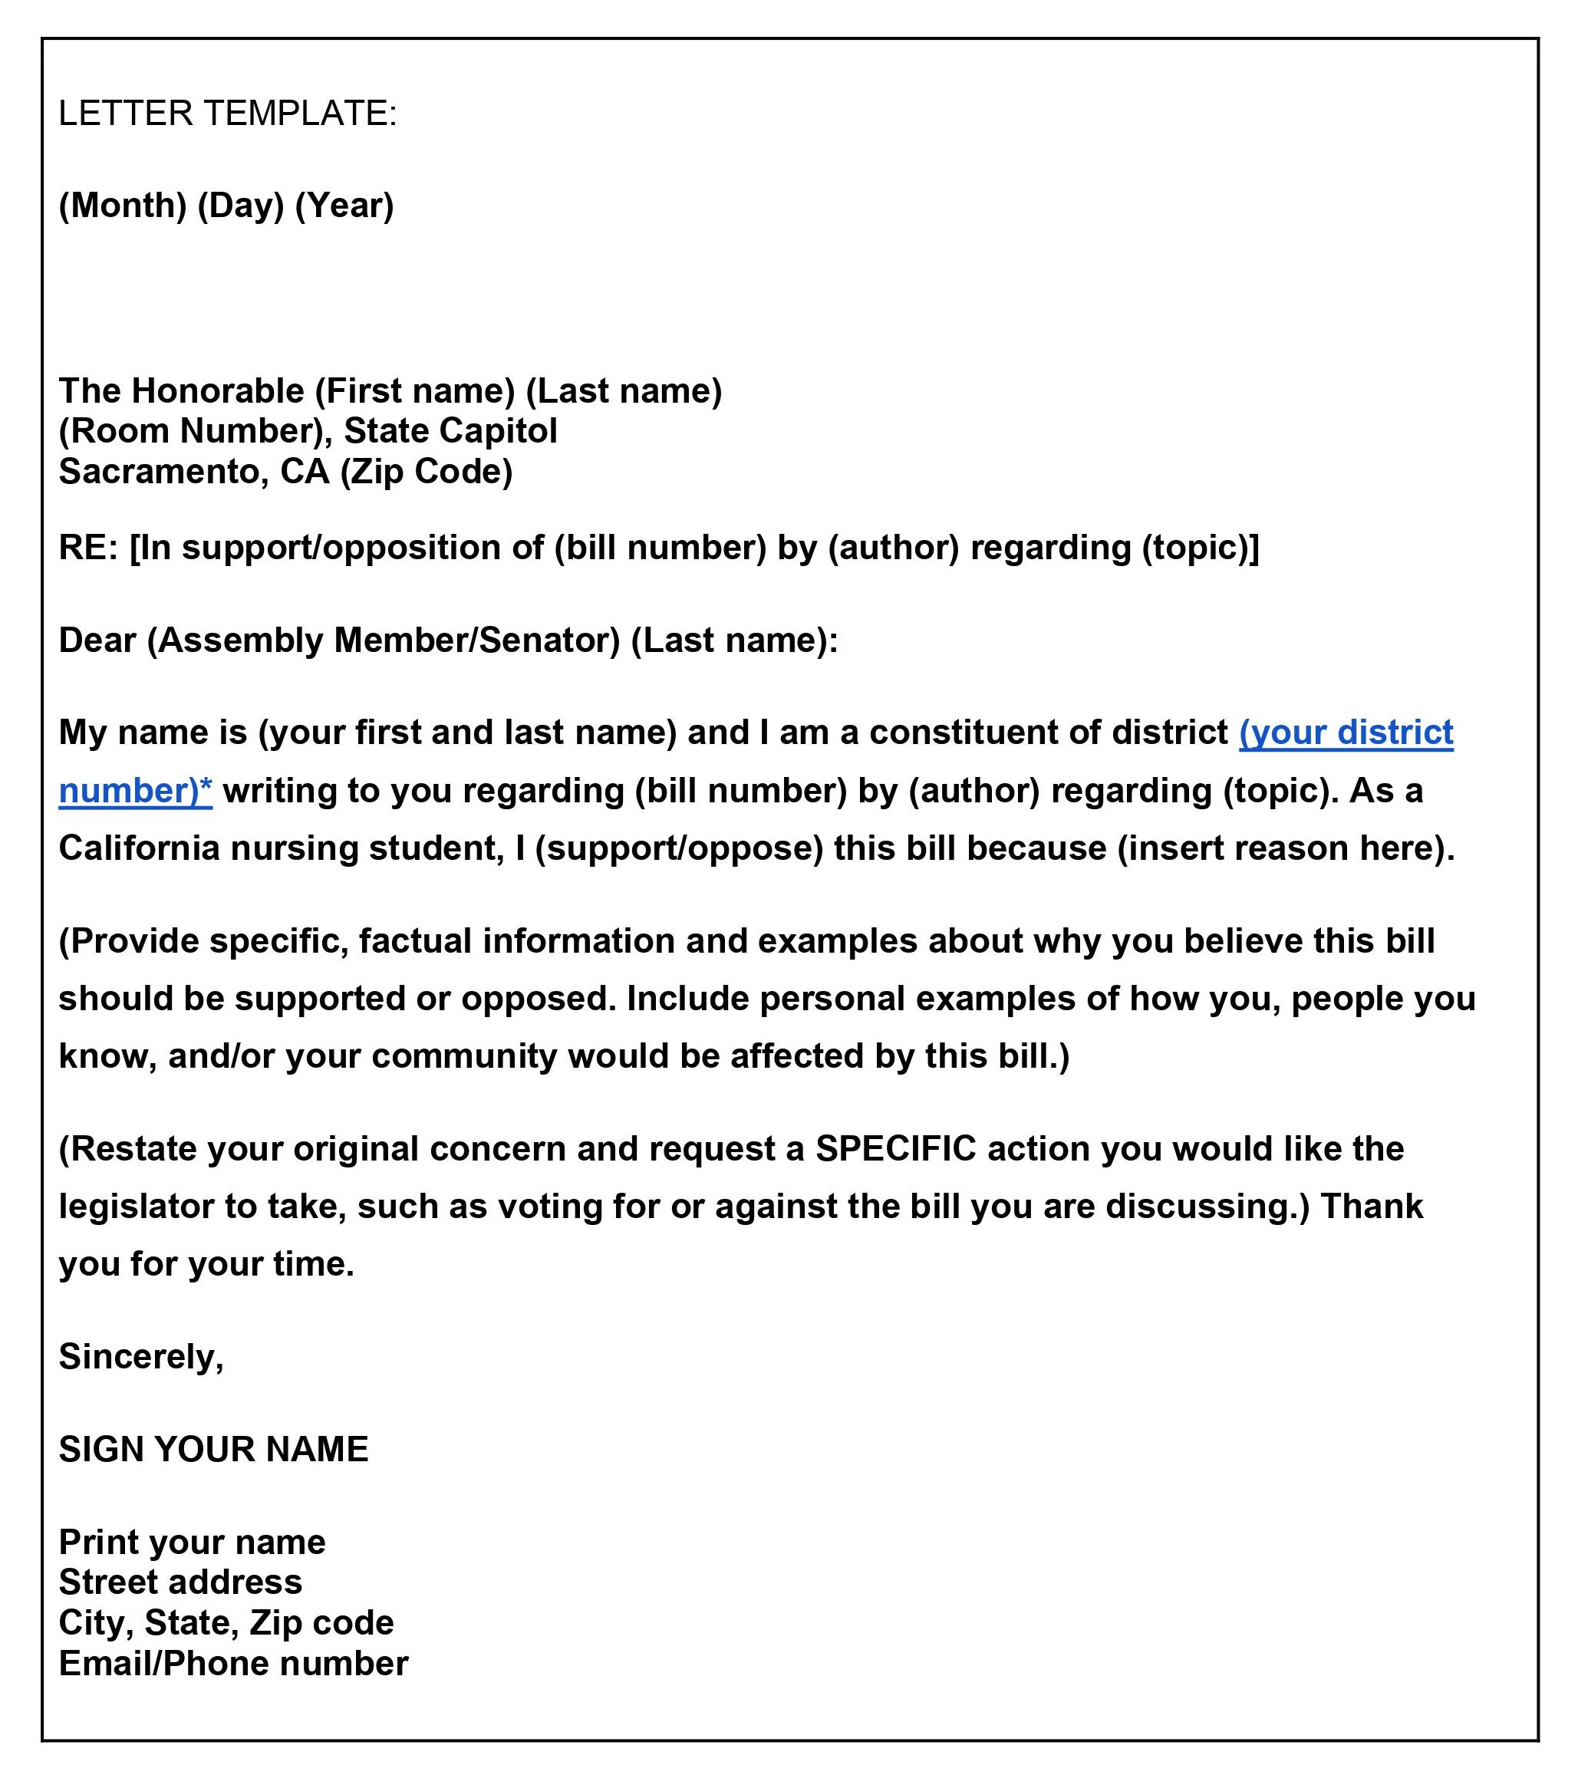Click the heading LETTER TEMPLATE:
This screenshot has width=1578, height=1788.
coord(227,114)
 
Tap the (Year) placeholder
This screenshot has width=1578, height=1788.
coord(344,206)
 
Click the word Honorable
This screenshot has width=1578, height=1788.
coord(218,391)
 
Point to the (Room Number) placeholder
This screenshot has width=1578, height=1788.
coord(192,431)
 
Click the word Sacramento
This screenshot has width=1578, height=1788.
coord(163,472)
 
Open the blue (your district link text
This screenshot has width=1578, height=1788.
coord(1346,733)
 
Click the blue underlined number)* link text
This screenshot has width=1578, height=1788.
coord(136,791)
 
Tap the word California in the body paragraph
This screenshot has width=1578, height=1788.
coord(139,848)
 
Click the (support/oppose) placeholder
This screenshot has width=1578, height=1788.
coord(679,848)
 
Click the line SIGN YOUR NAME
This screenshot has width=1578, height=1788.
coord(213,1450)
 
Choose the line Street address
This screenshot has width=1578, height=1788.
coord(180,1582)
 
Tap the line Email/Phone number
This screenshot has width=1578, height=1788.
coord(232,1663)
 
